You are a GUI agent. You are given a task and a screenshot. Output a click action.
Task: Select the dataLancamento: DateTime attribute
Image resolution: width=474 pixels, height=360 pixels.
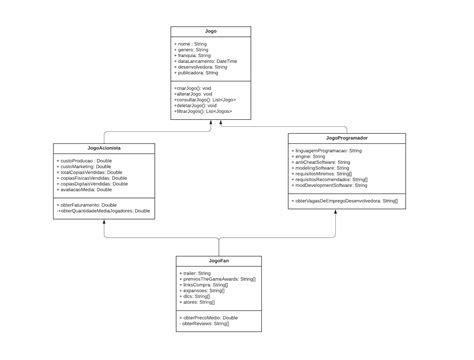[209, 61]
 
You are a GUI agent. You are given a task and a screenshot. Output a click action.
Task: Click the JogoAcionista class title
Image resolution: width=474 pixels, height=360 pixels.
[104, 147]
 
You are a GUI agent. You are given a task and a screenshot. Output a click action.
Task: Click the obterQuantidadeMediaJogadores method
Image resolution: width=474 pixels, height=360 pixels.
[106, 211]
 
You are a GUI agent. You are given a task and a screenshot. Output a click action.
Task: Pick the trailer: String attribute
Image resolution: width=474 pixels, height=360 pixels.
[197, 273]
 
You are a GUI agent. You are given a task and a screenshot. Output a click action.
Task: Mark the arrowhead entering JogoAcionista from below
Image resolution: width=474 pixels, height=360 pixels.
[105, 221]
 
